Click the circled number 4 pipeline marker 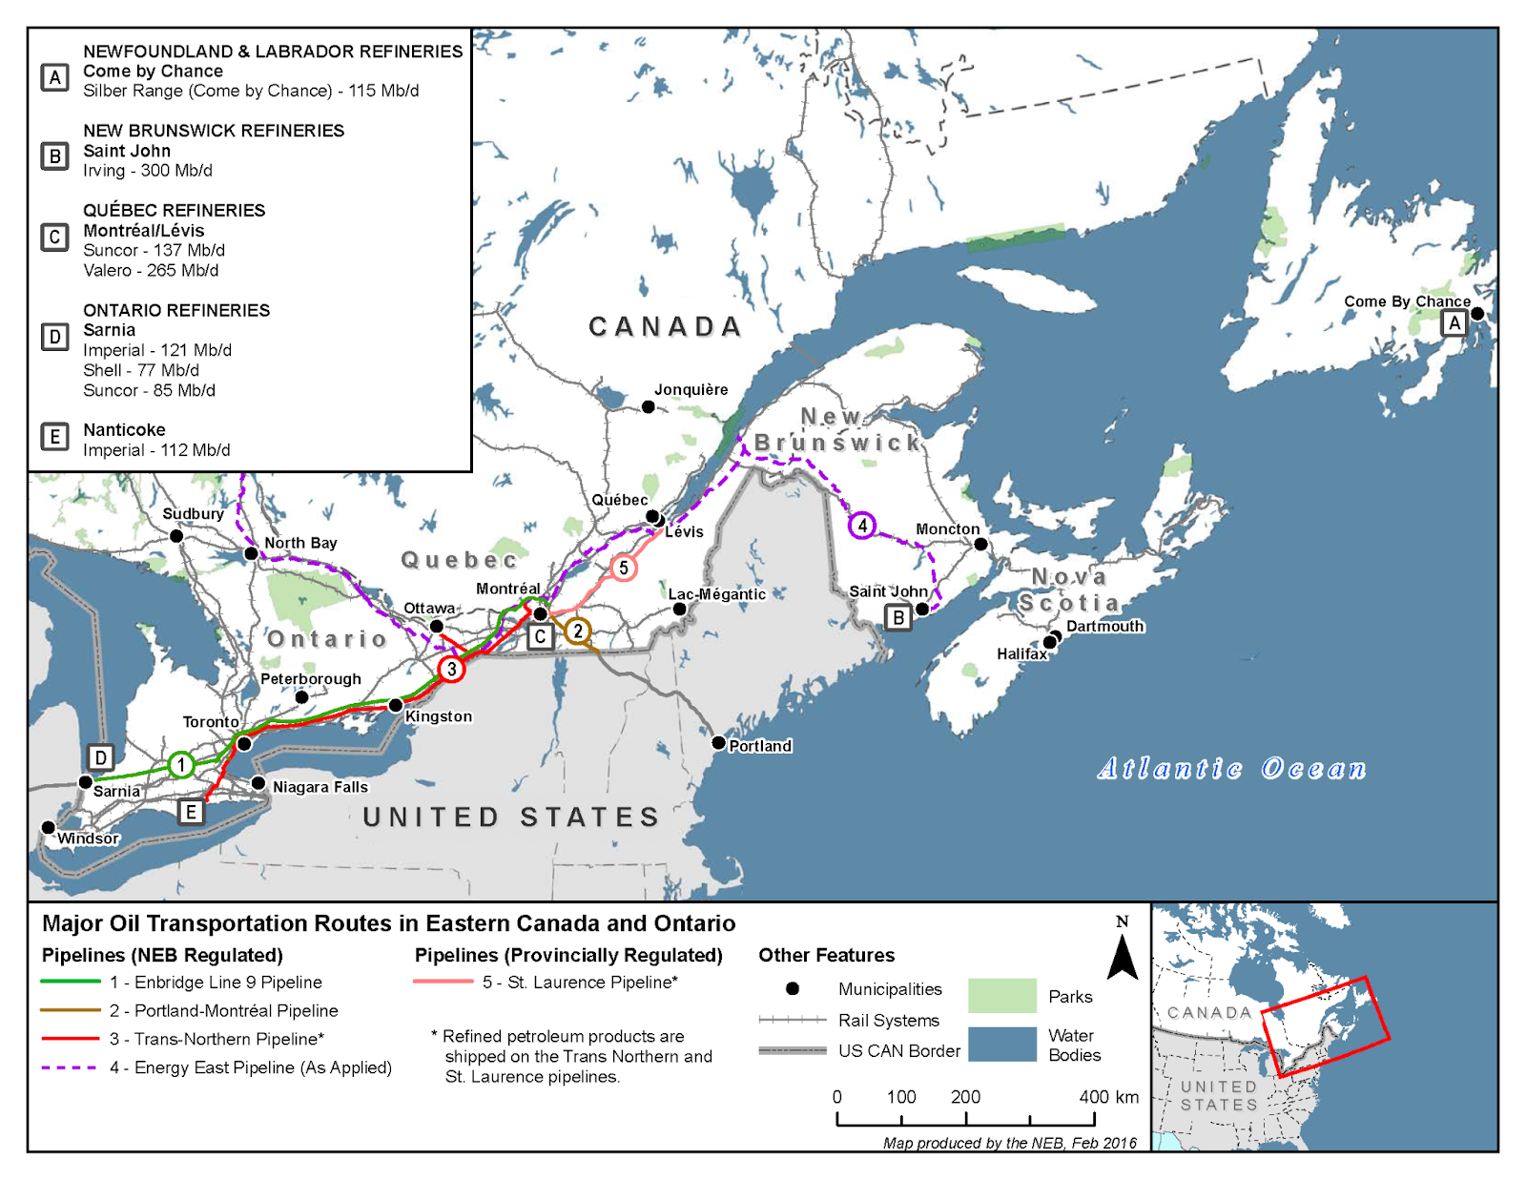click(x=862, y=525)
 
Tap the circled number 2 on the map click(x=577, y=631)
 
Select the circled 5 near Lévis click(x=623, y=568)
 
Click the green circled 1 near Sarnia click(x=181, y=764)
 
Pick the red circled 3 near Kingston click(x=451, y=669)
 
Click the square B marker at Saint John click(x=897, y=617)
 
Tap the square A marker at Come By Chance click(x=1454, y=323)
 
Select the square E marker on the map click(x=191, y=812)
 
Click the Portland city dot click(x=719, y=742)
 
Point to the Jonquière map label click(x=691, y=389)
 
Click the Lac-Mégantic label click(x=716, y=594)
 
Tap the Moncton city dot click(x=980, y=544)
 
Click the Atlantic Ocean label click(x=1231, y=769)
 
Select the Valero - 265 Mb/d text click(x=151, y=270)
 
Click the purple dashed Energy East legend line click(x=70, y=1067)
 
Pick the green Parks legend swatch click(x=1001, y=995)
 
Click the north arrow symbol click(x=1123, y=955)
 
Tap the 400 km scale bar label click(x=1108, y=1097)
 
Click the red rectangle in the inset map click(x=1326, y=1026)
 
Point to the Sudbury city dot click(x=176, y=536)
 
